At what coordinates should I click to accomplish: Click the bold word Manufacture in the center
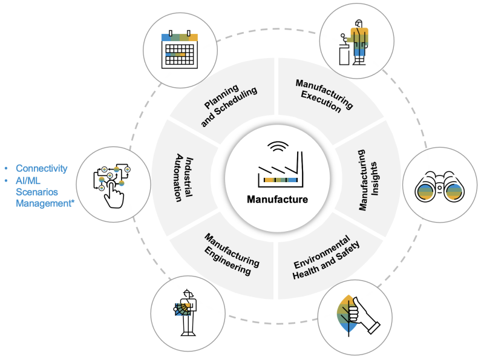click(276, 199)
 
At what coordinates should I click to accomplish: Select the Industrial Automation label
click(183, 180)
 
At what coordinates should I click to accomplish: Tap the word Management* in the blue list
click(45, 204)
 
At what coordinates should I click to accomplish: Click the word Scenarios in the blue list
click(38, 192)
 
